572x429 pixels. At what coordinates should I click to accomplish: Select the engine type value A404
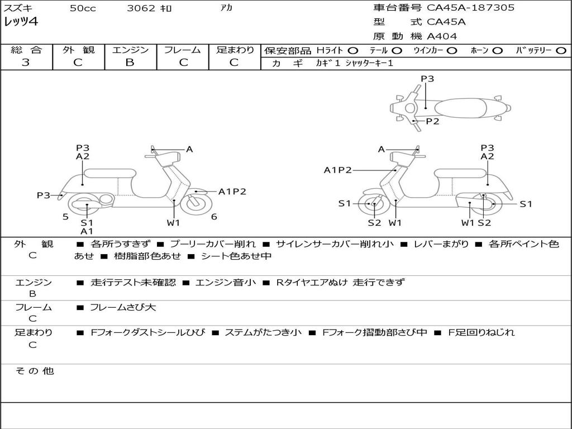click(x=442, y=36)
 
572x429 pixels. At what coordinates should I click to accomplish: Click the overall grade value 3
click(x=26, y=63)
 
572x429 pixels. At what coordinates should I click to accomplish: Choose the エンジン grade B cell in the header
click(x=130, y=63)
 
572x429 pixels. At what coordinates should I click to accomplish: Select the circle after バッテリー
click(x=560, y=50)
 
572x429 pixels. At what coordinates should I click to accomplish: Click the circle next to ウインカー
click(x=452, y=50)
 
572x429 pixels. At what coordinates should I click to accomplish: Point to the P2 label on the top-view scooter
click(x=432, y=121)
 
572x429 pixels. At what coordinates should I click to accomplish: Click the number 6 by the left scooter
click(x=214, y=217)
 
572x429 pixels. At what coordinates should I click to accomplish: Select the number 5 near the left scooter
click(x=65, y=217)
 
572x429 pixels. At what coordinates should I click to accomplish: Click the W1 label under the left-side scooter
click(x=174, y=223)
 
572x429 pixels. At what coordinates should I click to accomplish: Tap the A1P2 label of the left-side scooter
click(x=232, y=192)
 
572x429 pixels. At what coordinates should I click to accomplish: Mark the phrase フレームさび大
click(x=123, y=307)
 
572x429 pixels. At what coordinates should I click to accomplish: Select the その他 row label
click(x=34, y=371)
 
